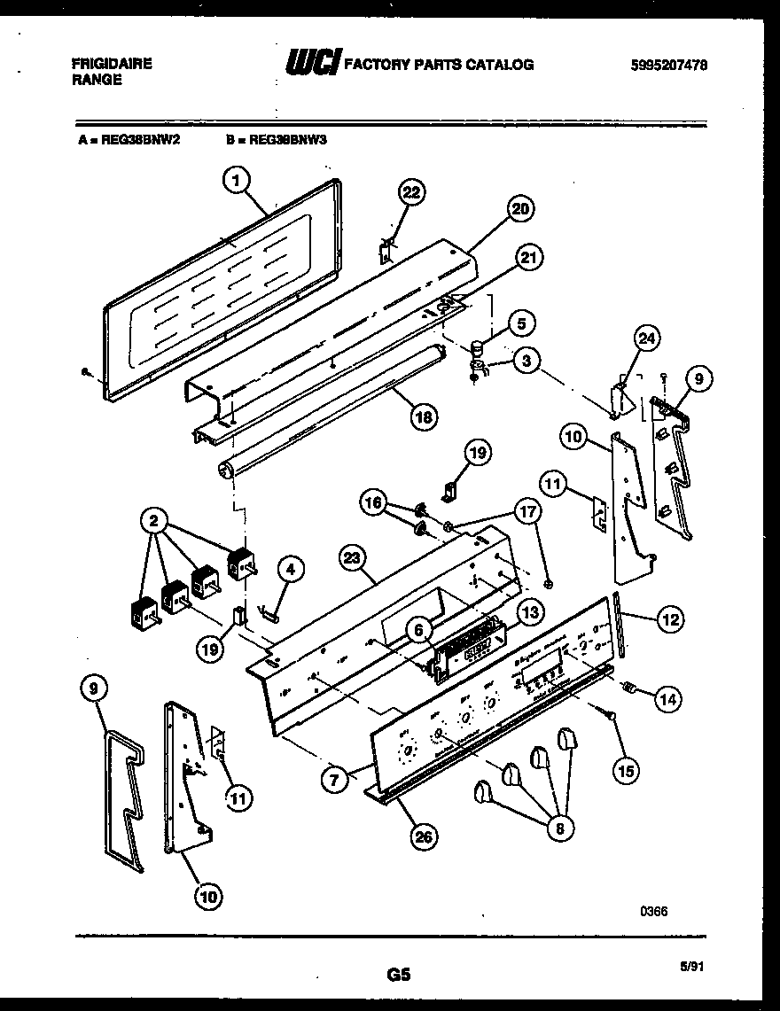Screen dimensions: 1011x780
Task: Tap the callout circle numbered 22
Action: pos(412,193)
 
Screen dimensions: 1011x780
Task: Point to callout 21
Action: pos(528,258)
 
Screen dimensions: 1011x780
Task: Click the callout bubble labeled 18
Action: pos(427,416)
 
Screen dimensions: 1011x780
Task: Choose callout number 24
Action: pos(648,338)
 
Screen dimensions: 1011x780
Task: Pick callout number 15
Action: pos(626,772)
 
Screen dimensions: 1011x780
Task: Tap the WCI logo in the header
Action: pos(311,65)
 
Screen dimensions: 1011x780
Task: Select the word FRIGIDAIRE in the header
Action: pos(111,64)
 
